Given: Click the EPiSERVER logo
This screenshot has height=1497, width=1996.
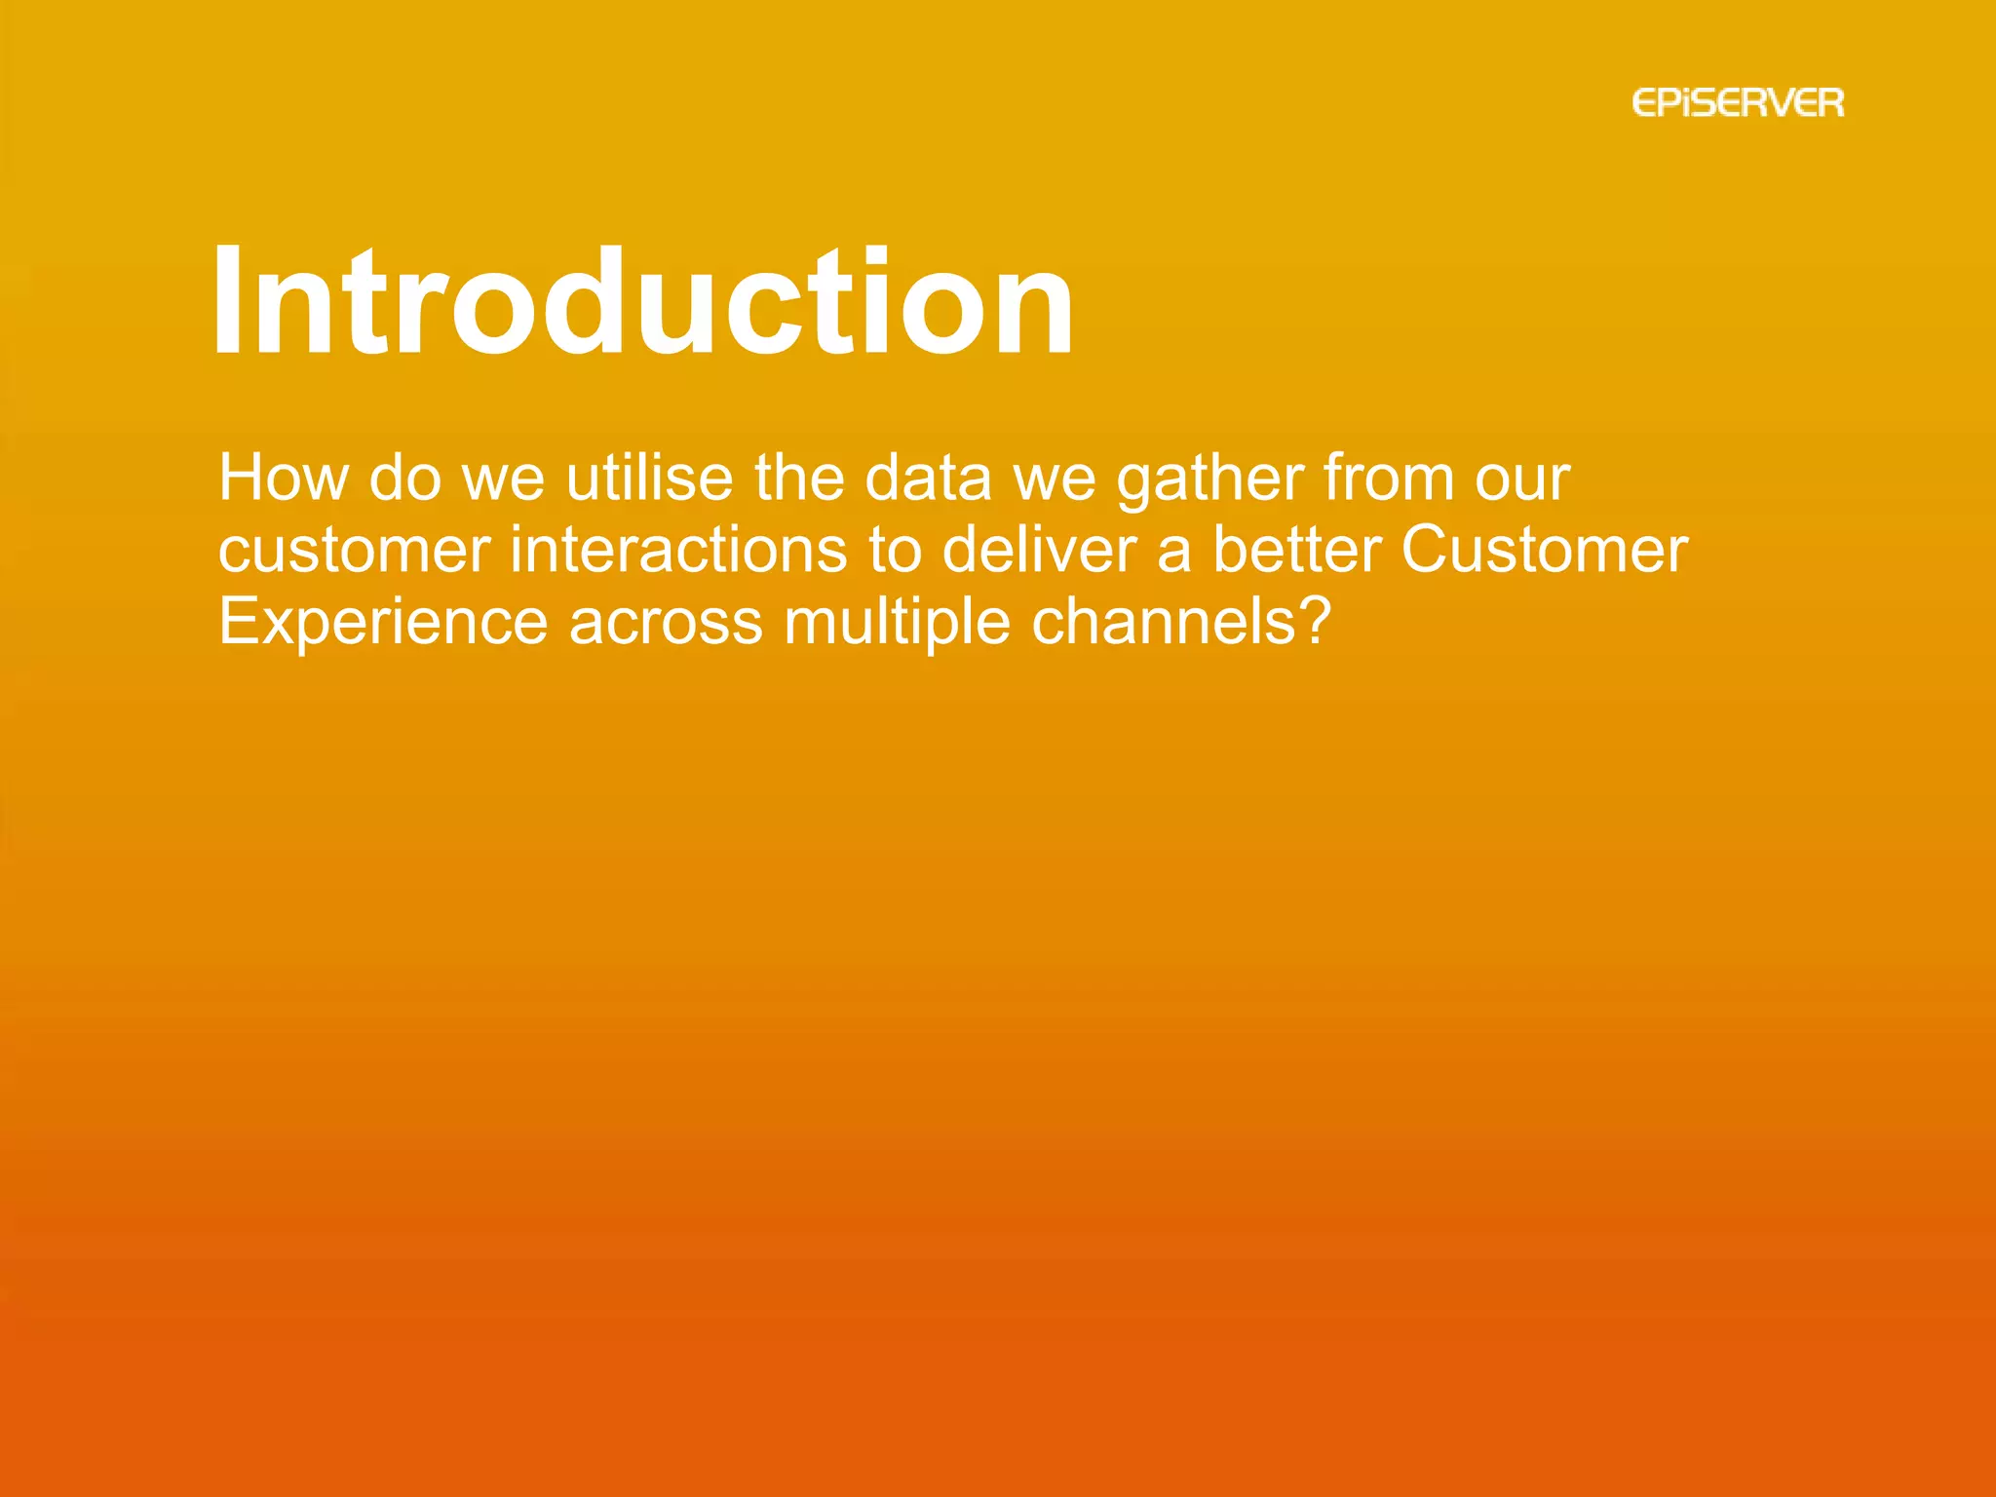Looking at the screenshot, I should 1738,103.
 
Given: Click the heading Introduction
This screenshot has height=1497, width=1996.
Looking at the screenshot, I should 643,301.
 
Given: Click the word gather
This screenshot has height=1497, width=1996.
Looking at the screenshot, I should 1209,480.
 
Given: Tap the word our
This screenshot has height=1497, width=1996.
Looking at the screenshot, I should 1521,480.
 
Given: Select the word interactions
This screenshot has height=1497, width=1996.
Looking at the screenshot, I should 678,550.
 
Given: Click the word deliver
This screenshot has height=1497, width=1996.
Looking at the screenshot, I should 1039,550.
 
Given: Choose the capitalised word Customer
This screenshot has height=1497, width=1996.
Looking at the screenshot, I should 1544,550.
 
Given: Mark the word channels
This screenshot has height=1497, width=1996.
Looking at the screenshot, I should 1166,622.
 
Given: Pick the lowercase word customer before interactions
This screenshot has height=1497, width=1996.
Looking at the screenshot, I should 354,552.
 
